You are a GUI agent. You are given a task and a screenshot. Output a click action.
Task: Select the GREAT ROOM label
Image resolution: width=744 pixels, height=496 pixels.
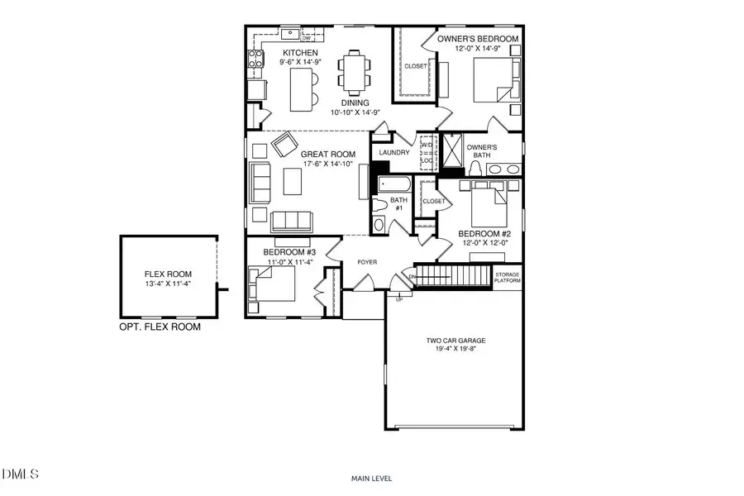pyautogui.click(x=328, y=154)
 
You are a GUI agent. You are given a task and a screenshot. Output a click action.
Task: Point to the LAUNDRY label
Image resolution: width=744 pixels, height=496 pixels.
pyautogui.click(x=394, y=153)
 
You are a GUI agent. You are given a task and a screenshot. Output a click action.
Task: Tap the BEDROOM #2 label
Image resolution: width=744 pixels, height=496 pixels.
pyautogui.click(x=482, y=234)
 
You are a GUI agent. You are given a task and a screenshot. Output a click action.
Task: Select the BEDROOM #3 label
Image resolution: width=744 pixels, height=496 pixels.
pyautogui.click(x=287, y=252)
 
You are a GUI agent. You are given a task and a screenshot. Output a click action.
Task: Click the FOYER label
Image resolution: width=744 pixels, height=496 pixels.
pyautogui.click(x=367, y=263)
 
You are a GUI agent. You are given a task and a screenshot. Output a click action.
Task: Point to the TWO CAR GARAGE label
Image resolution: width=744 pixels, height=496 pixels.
pyautogui.click(x=455, y=341)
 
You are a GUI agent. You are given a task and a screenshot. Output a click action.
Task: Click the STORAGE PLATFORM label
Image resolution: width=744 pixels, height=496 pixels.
pyautogui.click(x=508, y=277)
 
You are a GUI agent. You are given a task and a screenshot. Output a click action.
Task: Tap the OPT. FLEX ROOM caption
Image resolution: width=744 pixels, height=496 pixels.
pyautogui.click(x=160, y=327)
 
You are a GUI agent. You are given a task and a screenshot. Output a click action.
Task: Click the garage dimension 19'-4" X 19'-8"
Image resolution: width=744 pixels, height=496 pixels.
pyautogui.click(x=455, y=350)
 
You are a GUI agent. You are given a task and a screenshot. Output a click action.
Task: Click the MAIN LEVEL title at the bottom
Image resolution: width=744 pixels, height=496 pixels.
pyautogui.click(x=371, y=478)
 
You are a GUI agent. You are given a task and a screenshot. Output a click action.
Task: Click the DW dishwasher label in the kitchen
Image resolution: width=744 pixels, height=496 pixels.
pyautogui.click(x=307, y=38)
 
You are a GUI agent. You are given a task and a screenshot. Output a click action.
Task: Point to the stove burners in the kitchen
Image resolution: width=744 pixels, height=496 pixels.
pyautogui.click(x=255, y=59)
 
